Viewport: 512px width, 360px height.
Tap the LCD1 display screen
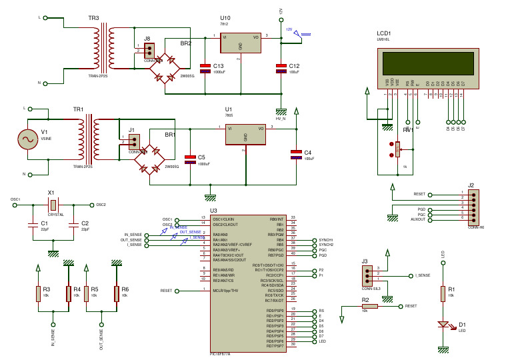(427, 63)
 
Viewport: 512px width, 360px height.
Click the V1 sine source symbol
(28, 139)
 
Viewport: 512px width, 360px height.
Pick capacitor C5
(190, 159)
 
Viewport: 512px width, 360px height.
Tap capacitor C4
(296, 155)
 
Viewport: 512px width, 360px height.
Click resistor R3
(37, 294)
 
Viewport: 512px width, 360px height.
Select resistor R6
(116, 294)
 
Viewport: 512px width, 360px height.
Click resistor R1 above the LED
(442, 294)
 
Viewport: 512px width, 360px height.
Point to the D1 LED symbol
(442, 325)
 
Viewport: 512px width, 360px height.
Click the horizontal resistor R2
(369, 305)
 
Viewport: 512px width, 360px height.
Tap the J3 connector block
(365, 275)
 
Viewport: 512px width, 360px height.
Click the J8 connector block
(149, 50)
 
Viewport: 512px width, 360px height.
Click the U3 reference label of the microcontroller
(213, 210)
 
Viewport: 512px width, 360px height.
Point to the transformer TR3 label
(94, 18)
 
